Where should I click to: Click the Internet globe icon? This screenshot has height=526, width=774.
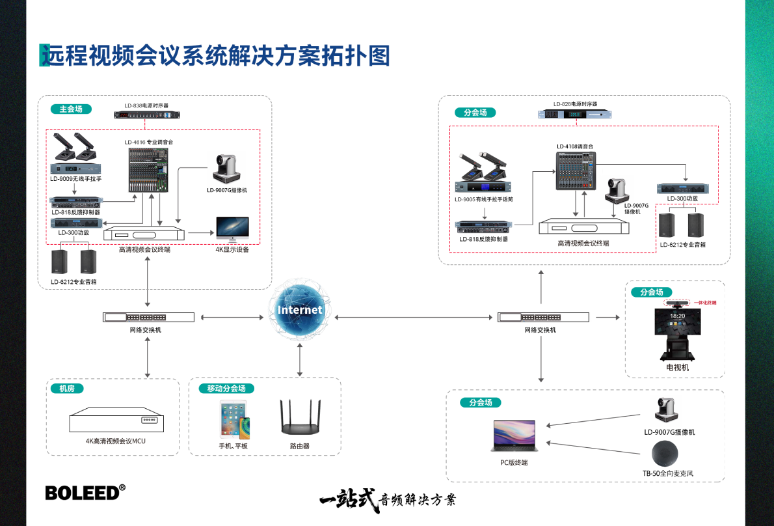point(300,310)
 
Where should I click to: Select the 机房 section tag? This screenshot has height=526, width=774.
point(67,389)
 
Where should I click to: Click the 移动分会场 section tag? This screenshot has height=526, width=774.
point(226,389)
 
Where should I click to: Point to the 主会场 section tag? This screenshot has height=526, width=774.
point(71,109)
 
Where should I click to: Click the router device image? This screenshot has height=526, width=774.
point(300,417)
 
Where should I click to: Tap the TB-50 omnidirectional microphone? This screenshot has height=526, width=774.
point(663,452)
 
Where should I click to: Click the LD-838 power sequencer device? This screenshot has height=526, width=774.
point(146,115)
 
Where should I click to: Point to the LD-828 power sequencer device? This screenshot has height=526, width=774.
point(576,115)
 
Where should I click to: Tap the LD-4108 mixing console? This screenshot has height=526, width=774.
point(576,171)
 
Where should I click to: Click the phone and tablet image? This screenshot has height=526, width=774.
point(234,420)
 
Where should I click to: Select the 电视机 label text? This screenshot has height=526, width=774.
point(676,367)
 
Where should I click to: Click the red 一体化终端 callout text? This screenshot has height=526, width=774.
point(706,303)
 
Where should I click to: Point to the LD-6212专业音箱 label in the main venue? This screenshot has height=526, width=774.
point(73,282)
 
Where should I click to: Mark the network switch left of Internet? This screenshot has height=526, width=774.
point(148,317)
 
